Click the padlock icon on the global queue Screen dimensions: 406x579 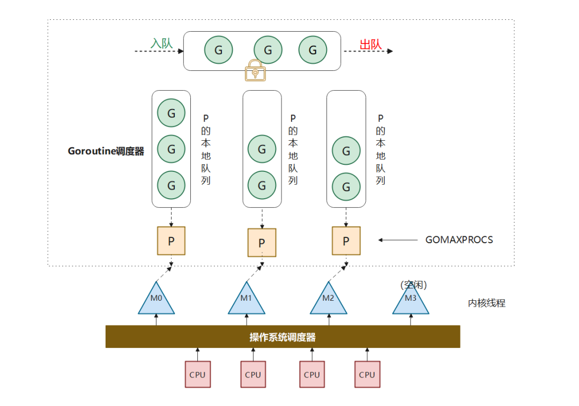[256, 71]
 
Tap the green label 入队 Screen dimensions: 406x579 [161, 44]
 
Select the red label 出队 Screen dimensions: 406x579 [370, 44]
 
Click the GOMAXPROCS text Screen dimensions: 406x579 [459, 240]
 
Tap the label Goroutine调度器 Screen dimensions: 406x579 [106, 151]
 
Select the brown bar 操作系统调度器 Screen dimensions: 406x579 [283, 337]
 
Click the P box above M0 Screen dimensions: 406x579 [171, 241]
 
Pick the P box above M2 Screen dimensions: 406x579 [346, 241]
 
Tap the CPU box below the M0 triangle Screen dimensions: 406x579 [197, 374]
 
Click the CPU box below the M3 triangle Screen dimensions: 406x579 [367, 374]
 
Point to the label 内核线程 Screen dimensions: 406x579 [486, 303]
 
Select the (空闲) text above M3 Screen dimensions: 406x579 [414, 285]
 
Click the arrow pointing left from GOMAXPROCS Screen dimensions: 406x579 [398, 240]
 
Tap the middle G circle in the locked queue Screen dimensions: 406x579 [268, 50]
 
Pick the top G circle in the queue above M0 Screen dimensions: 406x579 [171, 113]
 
